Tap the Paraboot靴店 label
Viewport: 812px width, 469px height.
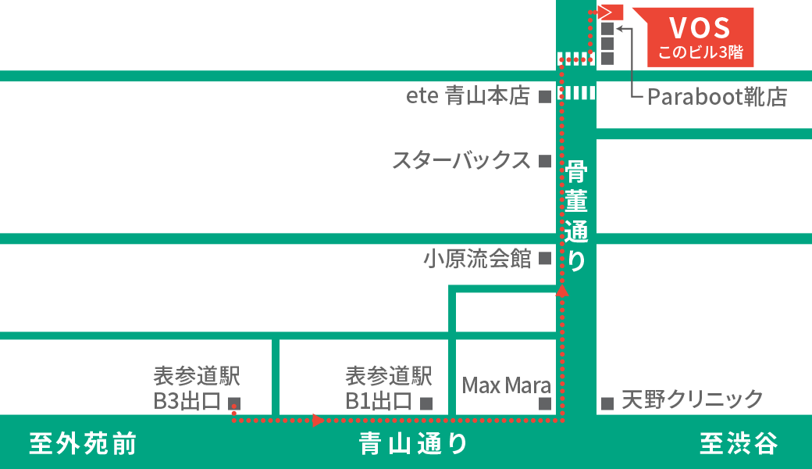coord(717,97)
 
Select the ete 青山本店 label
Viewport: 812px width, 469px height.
coord(468,96)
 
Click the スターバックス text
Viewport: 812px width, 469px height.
coord(461,161)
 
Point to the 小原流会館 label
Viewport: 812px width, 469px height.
coord(477,258)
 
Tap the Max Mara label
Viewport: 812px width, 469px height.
coord(506,385)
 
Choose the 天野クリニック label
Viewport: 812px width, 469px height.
coord(692,400)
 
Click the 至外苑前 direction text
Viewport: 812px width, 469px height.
coord(83,444)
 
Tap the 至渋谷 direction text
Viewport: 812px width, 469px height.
coord(738,444)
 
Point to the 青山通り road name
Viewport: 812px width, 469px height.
coord(413,444)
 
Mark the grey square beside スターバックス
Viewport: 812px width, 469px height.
coord(545,162)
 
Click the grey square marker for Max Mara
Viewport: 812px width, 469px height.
coord(545,403)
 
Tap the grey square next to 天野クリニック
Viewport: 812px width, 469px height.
coord(607,403)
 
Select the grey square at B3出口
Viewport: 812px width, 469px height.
coord(233,403)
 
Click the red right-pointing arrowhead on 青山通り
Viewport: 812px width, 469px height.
coord(318,421)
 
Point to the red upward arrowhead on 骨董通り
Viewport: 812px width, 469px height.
coord(561,291)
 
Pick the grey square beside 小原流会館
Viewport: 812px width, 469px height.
coord(545,258)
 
